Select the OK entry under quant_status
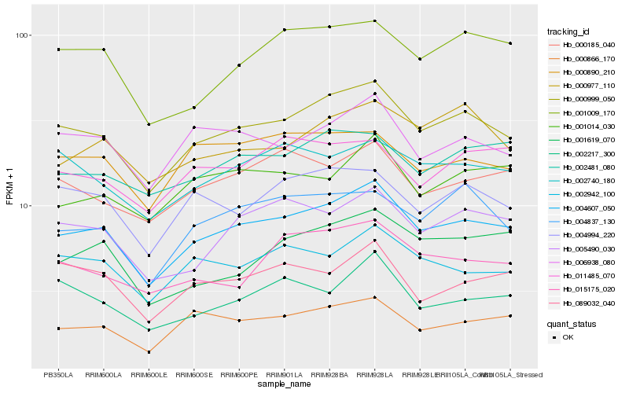[568, 337]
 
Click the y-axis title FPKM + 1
[9, 187]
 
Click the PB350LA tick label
[58, 375]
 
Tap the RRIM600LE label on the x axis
[149, 375]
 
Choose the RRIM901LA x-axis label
[284, 375]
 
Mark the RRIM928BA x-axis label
[329, 375]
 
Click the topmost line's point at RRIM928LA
[374, 21]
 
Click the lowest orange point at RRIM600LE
[149, 352]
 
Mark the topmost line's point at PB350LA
[58, 50]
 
